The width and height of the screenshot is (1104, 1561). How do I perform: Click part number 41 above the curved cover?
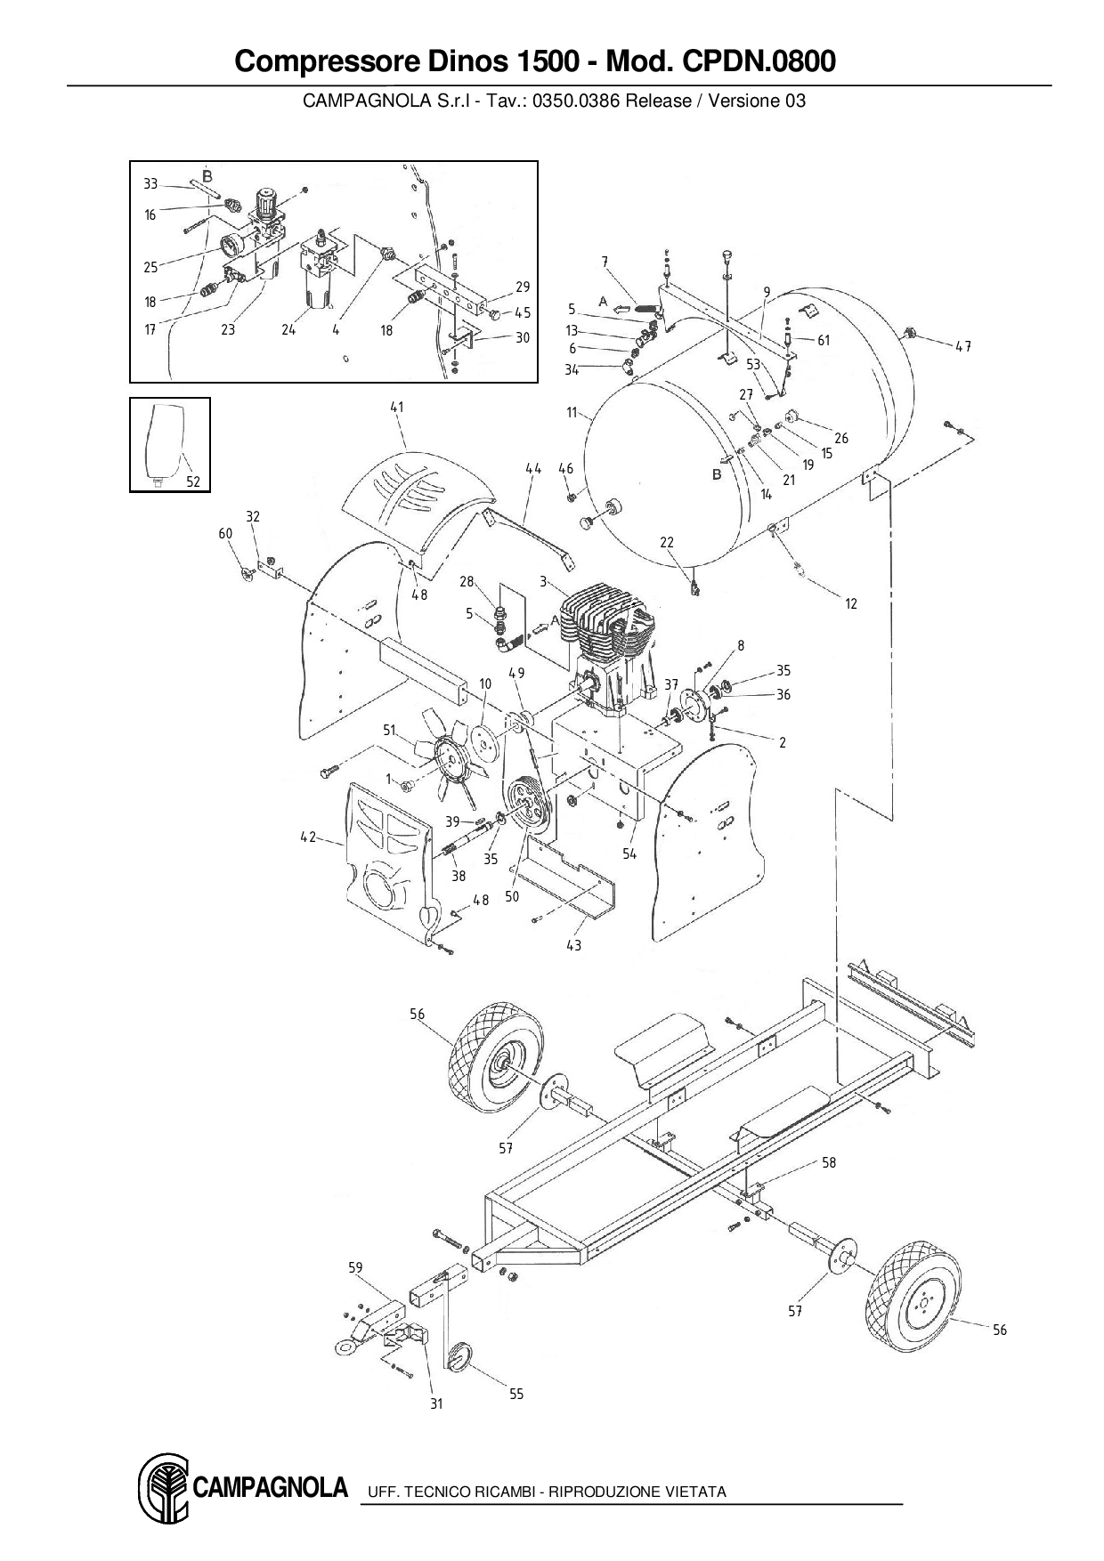click(396, 408)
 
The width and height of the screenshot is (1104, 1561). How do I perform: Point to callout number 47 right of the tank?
click(963, 346)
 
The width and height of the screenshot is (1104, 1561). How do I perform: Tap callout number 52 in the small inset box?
click(193, 481)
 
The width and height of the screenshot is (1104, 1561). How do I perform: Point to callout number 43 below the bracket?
click(573, 945)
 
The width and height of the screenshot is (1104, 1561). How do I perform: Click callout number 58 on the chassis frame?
click(828, 1162)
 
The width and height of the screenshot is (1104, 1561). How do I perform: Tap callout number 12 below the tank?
click(850, 603)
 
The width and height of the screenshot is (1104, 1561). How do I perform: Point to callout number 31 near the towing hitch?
click(436, 1404)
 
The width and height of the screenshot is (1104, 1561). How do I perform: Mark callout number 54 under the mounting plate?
click(629, 853)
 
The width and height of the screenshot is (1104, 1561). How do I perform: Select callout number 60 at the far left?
click(225, 533)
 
